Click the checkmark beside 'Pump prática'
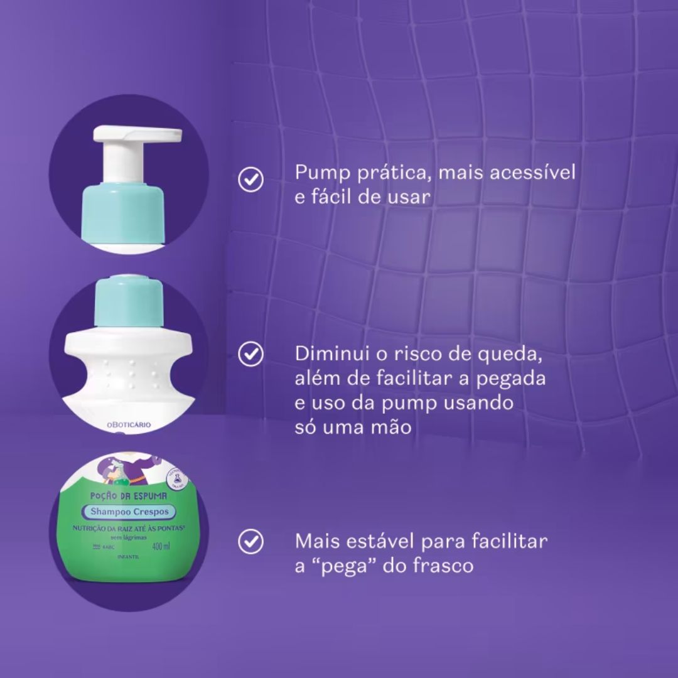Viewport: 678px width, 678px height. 251,180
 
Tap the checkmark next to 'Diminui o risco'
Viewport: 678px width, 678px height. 251,354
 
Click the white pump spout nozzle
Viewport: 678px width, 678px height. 157,133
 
